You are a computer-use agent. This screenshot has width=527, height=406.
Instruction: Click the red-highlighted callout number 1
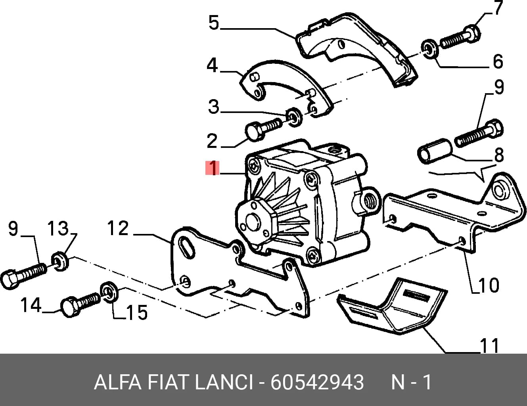(213, 168)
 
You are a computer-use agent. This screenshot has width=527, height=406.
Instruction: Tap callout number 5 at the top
(214, 23)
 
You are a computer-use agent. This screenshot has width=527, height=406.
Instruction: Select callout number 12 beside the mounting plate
(118, 228)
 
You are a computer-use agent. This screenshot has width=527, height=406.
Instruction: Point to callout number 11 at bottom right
(489, 345)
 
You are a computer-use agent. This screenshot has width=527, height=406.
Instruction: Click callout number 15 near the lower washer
(136, 312)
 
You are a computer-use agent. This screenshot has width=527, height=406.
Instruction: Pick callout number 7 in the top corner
(498, 8)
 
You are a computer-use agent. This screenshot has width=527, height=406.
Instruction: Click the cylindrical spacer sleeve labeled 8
(435, 151)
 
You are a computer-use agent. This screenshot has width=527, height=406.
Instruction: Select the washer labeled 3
(294, 117)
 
